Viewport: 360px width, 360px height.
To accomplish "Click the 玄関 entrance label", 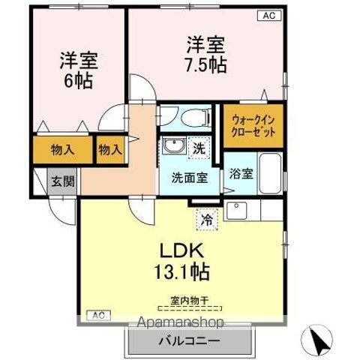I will [62, 180].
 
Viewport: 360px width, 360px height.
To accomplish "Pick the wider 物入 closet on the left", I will [62, 148].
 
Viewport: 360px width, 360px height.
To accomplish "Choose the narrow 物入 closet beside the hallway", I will [109, 148].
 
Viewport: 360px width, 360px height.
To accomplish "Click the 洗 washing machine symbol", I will [199, 148].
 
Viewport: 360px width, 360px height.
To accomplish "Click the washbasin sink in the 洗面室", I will [174, 146].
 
